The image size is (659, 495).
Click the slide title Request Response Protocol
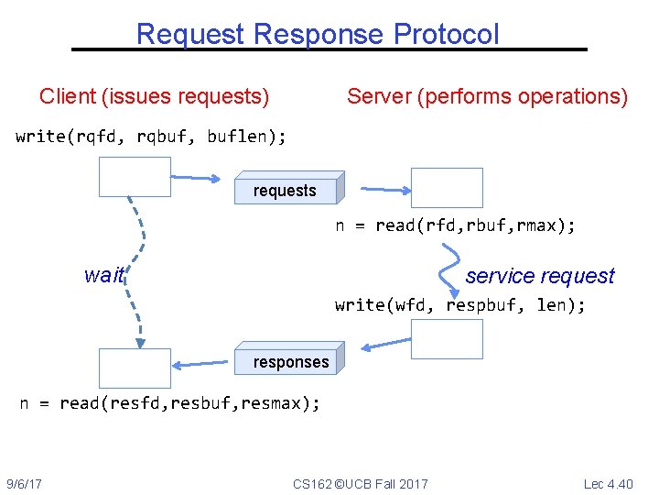[318, 34]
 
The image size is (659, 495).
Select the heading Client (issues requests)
[154, 96]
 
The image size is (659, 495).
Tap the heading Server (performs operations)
[487, 96]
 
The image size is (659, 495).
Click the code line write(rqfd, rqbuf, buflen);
[151, 137]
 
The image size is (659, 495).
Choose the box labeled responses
[291, 360]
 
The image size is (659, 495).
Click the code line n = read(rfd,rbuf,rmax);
[455, 225]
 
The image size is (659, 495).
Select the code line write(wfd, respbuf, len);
[460, 304]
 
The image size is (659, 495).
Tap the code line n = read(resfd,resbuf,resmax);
[170, 402]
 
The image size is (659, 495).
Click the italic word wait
[103, 275]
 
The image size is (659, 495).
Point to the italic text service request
[540, 276]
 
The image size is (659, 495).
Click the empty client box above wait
[135, 177]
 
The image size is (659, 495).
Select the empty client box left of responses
[135, 368]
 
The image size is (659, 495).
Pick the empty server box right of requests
[446, 187]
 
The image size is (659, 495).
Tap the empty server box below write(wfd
[446, 338]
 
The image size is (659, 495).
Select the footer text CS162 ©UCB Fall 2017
[360, 483]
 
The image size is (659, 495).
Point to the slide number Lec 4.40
[608, 483]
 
